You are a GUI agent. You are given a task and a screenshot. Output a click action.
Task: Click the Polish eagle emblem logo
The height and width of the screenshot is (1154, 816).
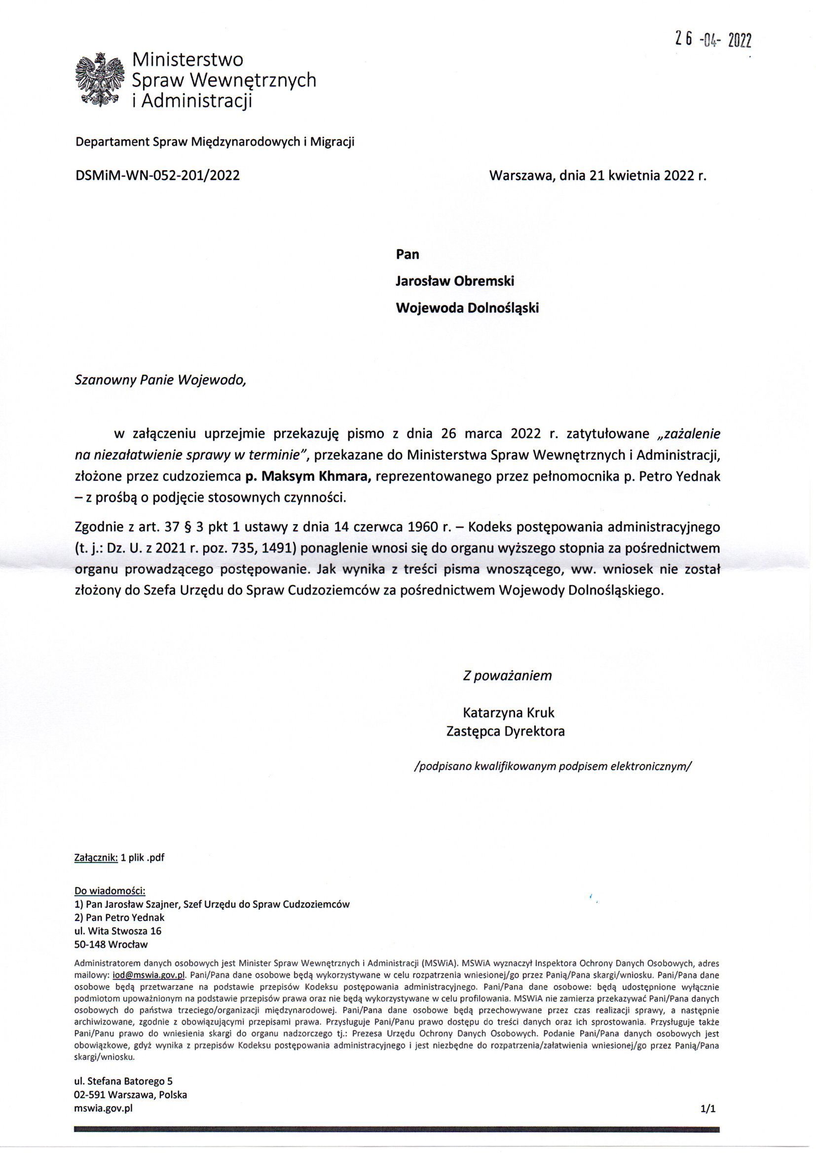[99, 80]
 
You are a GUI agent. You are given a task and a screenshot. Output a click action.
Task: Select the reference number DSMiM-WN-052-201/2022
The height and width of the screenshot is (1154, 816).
[157, 175]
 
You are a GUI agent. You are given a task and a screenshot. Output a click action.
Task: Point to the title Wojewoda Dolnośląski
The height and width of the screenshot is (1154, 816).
[467, 308]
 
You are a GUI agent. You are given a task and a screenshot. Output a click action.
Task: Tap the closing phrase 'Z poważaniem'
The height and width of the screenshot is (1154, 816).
[507, 675]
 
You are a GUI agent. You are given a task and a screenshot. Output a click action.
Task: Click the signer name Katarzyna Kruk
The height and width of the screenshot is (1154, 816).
[509, 712]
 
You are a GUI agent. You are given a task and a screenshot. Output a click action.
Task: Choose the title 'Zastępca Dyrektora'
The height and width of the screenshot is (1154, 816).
[506, 731]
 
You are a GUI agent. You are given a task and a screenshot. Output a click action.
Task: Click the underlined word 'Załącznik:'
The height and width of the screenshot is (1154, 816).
[96, 857]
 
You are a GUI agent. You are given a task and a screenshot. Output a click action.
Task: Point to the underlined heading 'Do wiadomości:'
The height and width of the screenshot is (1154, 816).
[110, 891]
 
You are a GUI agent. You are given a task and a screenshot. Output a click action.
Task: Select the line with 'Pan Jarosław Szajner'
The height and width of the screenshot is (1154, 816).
[212, 904]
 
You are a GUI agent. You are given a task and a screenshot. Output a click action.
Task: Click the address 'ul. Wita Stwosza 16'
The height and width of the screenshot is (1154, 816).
[117, 931]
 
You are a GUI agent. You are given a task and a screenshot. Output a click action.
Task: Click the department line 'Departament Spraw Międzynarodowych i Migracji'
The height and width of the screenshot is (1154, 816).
[215, 142]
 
